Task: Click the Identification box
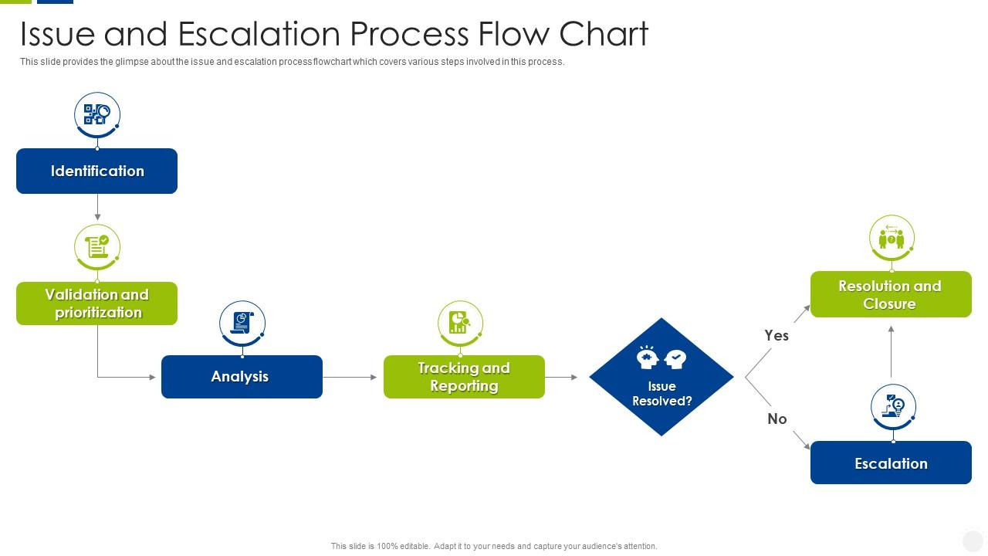[x=96, y=171]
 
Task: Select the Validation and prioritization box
[x=96, y=303]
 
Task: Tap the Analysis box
[x=242, y=377]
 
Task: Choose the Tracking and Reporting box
[x=464, y=377]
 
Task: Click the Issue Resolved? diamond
[x=661, y=386]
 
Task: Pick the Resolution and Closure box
[x=891, y=294]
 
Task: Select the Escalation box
[x=891, y=463]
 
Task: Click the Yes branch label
[x=777, y=335]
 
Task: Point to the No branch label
[x=777, y=419]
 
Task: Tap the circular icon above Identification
[x=97, y=115]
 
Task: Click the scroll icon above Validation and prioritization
[x=97, y=247]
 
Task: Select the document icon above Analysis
[x=242, y=323]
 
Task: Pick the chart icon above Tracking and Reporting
[x=460, y=323]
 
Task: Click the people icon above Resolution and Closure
[x=892, y=238]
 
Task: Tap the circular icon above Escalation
[x=893, y=406]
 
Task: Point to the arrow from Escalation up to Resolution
[x=892, y=351]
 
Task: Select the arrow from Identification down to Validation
[x=97, y=207]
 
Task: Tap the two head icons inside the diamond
[x=661, y=358]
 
